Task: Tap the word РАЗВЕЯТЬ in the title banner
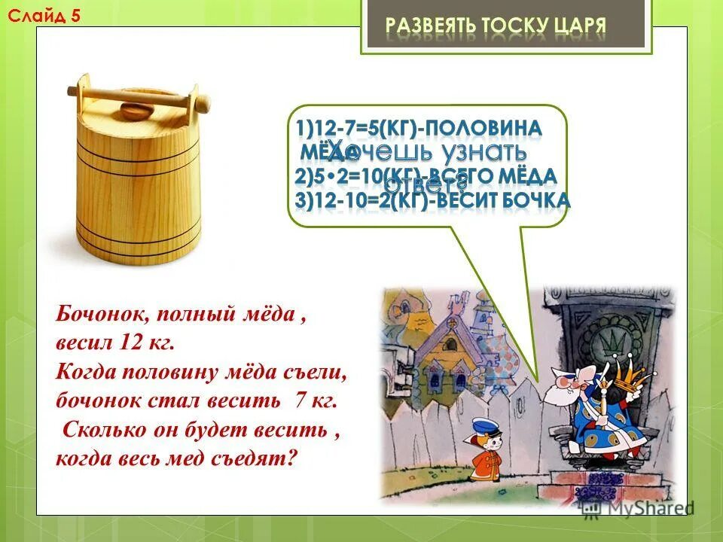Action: click(429, 26)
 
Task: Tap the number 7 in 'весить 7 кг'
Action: click(300, 400)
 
